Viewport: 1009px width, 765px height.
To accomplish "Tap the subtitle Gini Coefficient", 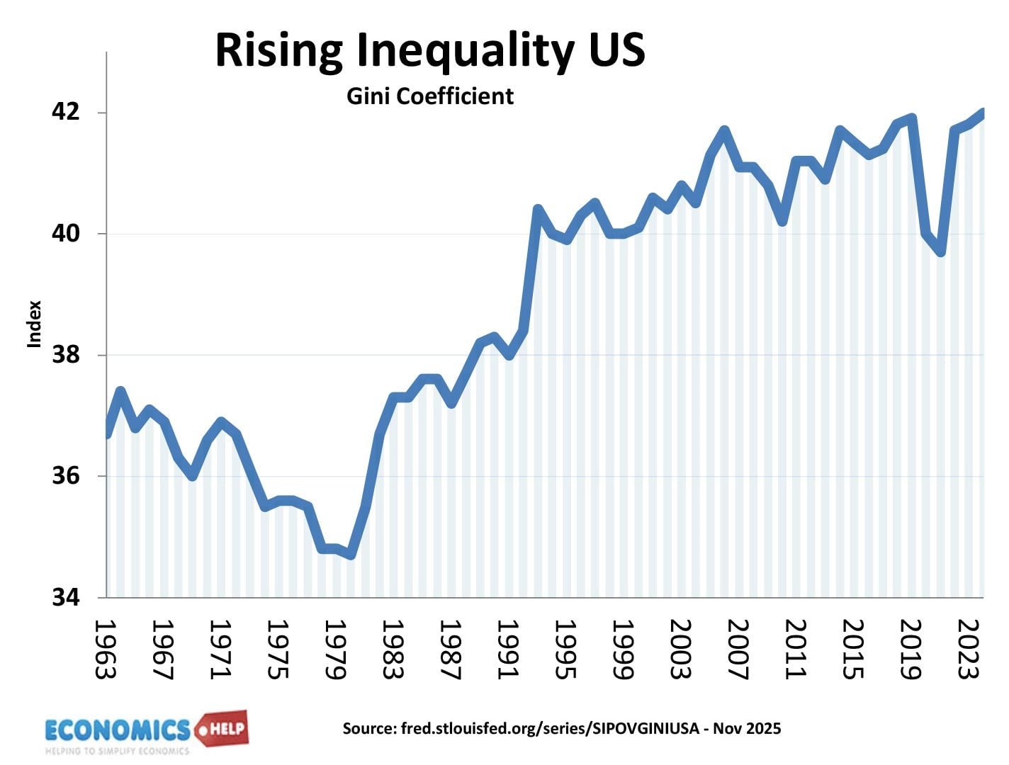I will (429, 96).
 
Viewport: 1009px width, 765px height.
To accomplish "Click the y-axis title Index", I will (34, 324).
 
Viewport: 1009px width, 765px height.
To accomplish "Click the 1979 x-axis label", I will (334, 649).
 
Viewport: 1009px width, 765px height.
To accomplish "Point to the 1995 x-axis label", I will (564, 649).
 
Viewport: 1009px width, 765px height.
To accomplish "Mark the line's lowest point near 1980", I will (351, 555).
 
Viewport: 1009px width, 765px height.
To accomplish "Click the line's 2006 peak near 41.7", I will (723, 131).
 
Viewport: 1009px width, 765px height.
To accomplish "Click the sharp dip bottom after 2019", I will (940, 251).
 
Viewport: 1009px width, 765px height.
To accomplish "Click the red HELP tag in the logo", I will (225, 727).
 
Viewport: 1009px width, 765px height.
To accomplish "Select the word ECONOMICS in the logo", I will (118, 730).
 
